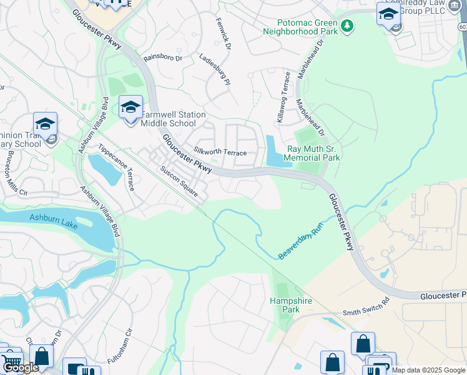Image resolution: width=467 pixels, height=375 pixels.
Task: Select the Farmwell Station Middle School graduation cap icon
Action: coord(130,107)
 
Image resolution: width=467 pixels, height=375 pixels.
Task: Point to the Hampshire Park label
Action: coord(290,304)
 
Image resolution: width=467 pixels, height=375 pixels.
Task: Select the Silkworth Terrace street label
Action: coord(220,152)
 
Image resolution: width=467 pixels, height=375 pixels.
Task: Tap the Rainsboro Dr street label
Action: coord(162,58)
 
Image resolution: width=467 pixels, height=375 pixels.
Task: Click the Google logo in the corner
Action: coord(21,367)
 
